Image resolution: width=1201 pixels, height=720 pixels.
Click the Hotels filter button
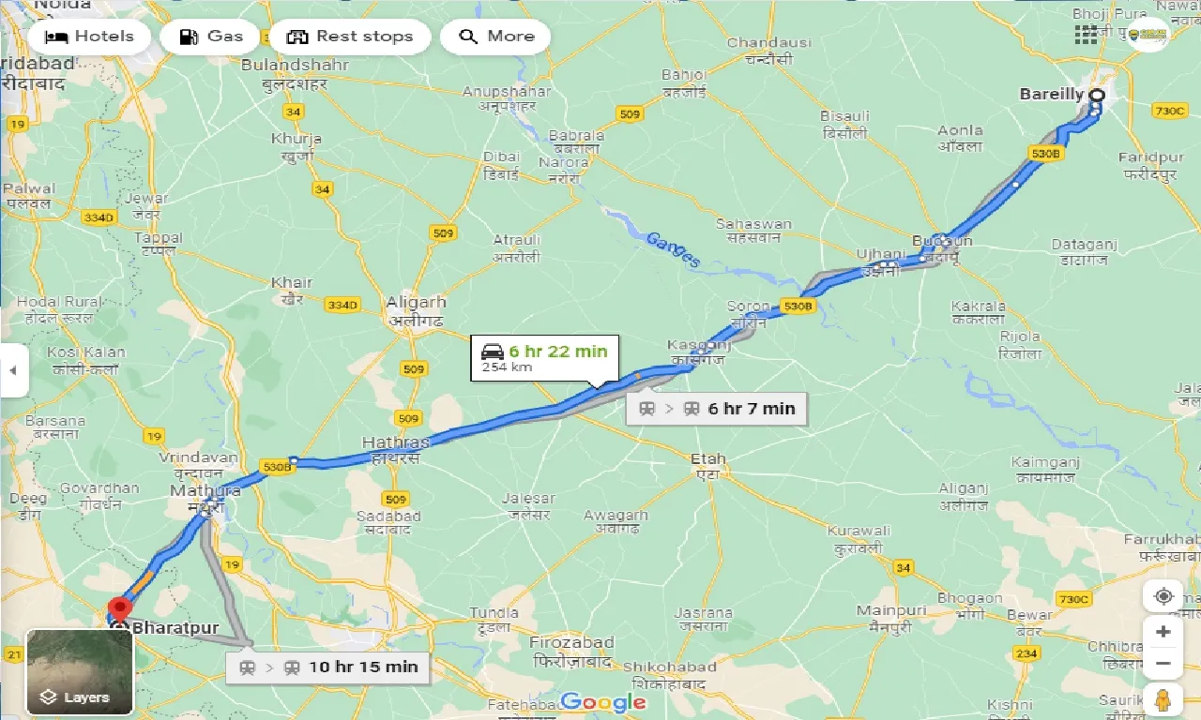tap(89, 37)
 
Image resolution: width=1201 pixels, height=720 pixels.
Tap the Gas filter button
tap(210, 37)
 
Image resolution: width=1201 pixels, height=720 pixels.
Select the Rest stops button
tap(350, 37)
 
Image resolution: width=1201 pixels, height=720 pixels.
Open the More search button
tap(495, 37)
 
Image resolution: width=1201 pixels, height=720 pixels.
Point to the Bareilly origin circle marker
tap(1095, 95)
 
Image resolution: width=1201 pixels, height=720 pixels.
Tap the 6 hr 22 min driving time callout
tap(545, 357)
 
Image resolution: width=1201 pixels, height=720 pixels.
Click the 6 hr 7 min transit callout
tap(717, 408)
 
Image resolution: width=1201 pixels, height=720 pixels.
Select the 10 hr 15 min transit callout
tap(328, 667)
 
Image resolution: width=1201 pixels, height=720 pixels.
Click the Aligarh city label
tap(416, 303)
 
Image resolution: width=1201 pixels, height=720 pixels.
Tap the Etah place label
tap(707, 459)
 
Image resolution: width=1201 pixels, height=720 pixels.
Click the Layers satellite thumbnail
tap(80, 671)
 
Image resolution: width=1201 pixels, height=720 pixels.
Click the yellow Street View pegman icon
tap(1163, 698)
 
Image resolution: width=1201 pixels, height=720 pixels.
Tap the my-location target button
tap(1163, 596)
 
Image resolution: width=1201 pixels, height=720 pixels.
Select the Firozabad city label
tap(571, 643)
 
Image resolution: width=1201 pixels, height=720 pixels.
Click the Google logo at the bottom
tap(602, 701)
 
